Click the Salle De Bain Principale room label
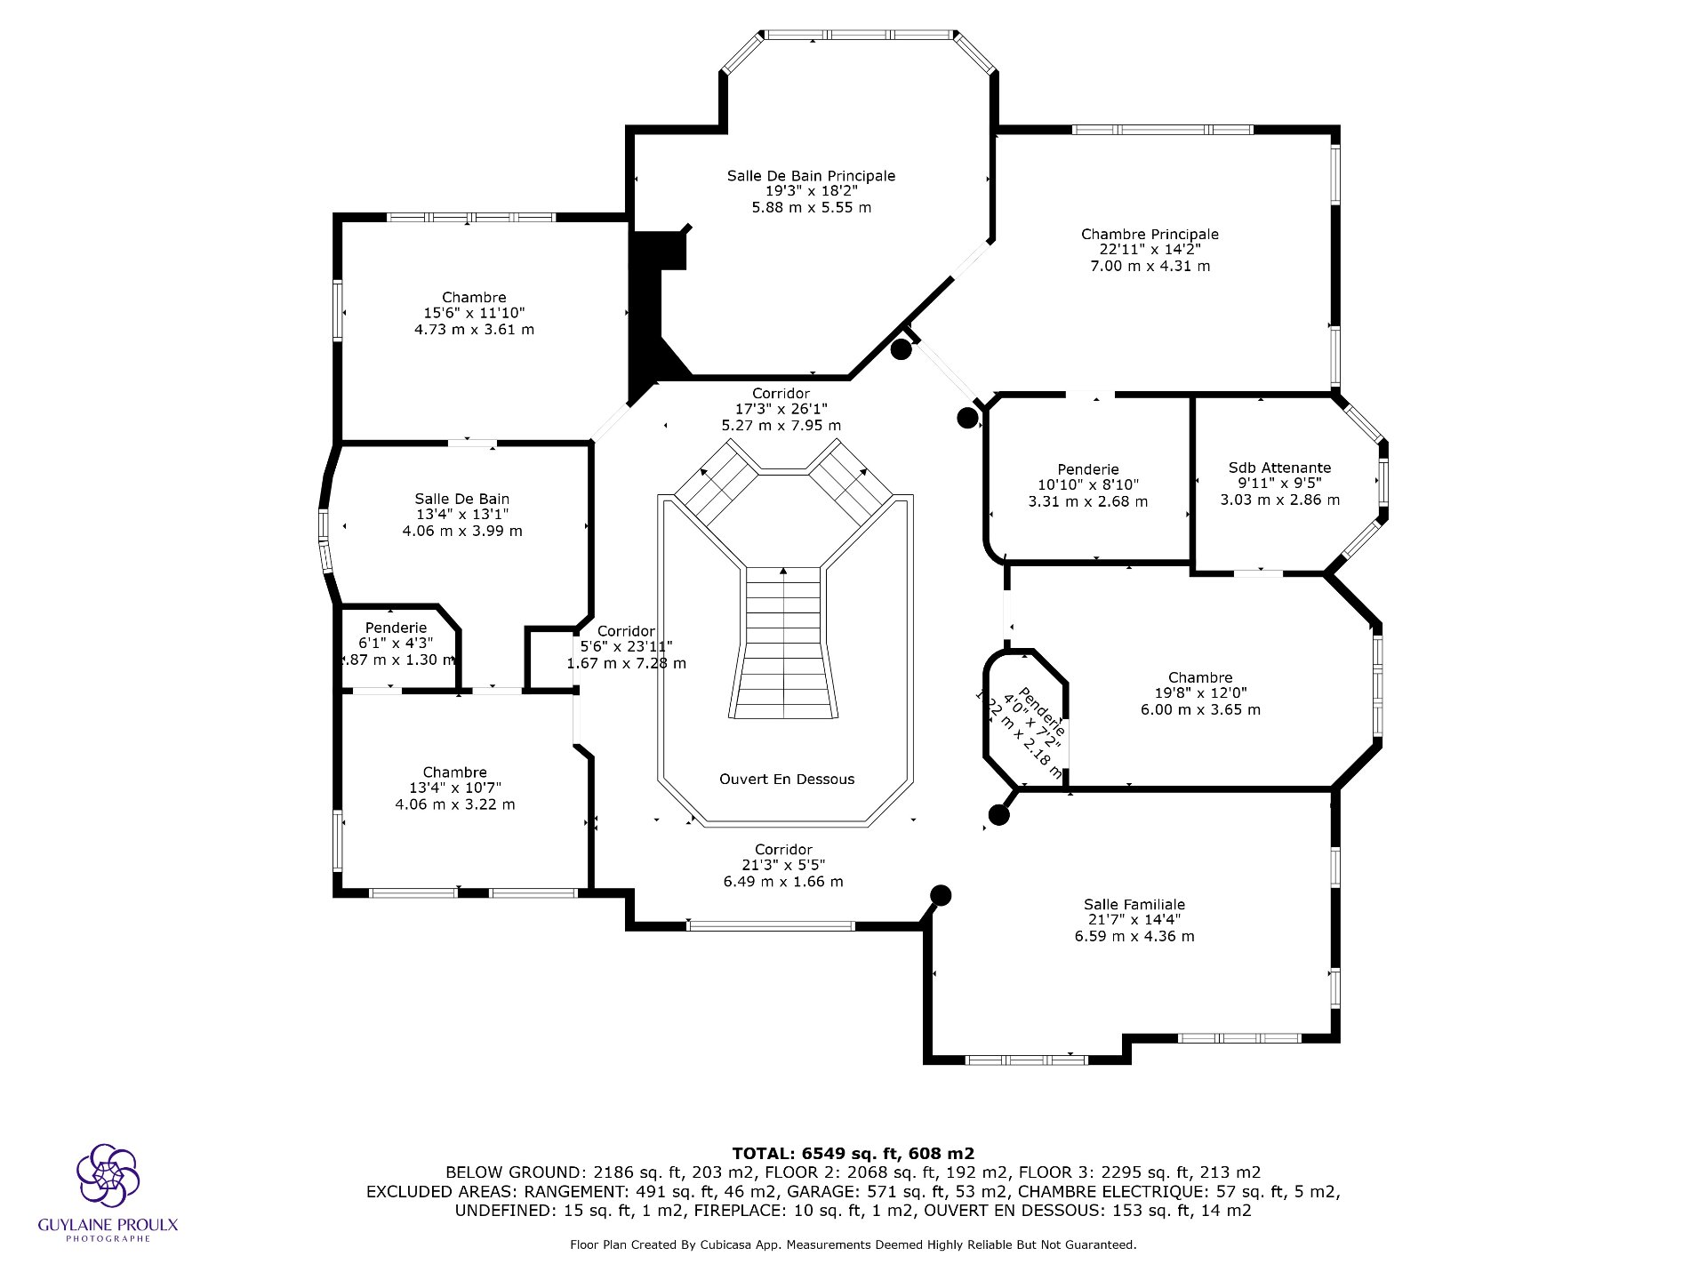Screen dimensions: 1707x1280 [x=811, y=176]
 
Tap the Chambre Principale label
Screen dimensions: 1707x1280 [x=1150, y=235]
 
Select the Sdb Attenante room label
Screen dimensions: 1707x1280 [x=1279, y=468]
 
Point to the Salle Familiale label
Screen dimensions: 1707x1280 [x=1134, y=904]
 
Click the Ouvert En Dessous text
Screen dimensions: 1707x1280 [x=787, y=780]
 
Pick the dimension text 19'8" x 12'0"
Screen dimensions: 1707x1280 [x=1200, y=693]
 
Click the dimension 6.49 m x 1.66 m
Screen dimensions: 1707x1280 [x=783, y=882]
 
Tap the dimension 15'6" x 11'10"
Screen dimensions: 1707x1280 [x=474, y=313]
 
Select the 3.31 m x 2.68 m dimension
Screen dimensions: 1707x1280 [x=1087, y=501]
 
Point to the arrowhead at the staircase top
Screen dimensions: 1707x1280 [x=783, y=571]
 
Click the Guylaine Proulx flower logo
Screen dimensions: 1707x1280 [x=108, y=1175]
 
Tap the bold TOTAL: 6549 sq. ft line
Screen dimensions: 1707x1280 [x=853, y=1154]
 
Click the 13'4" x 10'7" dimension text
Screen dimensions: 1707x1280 [x=454, y=788]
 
